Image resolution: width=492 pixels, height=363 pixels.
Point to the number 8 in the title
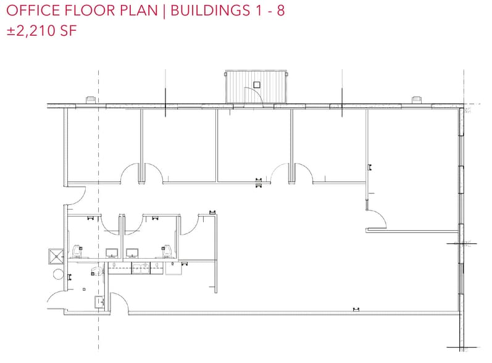(280, 11)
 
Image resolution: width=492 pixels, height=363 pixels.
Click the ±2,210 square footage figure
(31, 31)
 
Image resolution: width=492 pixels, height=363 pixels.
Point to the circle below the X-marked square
(59, 274)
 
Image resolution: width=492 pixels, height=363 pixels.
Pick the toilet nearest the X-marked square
(77, 251)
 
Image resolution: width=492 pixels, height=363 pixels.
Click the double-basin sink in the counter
(141, 267)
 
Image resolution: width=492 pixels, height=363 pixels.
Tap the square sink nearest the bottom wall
(99, 301)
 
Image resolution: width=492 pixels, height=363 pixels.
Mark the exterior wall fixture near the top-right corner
(417, 99)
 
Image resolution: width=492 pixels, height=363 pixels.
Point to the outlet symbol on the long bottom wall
(356, 309)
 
